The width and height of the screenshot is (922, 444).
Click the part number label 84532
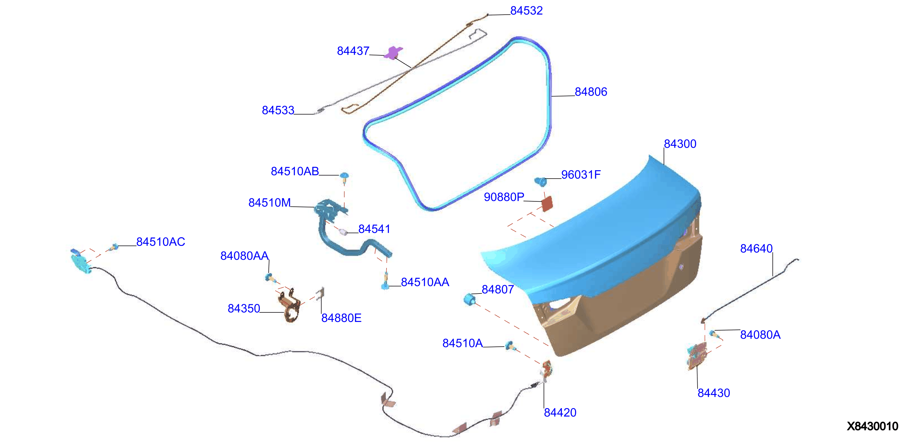[x=526, y=11]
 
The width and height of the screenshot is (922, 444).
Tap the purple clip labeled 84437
[x=393, y=53]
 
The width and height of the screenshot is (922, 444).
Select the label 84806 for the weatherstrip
[x=591, y=92]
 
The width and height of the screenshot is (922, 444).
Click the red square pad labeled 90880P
[x=547, y=204]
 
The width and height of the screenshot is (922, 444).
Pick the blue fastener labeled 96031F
[x=541, y=182]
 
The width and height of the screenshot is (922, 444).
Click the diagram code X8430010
[x=872, y=426]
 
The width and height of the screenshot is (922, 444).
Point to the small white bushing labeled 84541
[x=343, y=232]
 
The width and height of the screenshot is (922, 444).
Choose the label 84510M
[x=269, y=203]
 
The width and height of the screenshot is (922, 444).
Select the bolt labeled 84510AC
[x=114, y=247]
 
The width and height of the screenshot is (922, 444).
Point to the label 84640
[x=756, y=248]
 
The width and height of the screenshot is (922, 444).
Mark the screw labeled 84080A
[x=714, y=334]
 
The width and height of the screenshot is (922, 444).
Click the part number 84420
[x=560, y=413]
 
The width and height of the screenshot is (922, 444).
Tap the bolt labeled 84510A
[x=510, y=346]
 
